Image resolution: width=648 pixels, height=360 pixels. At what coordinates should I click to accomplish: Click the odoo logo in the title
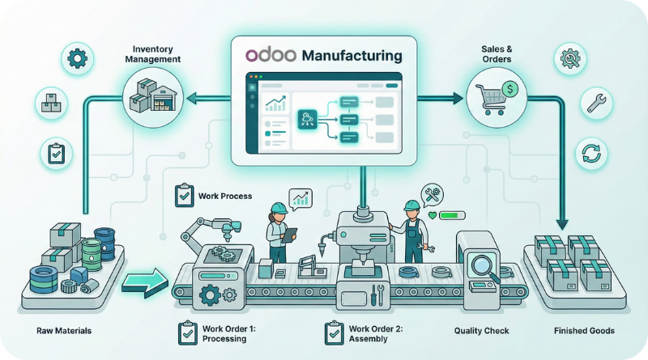[269, 56]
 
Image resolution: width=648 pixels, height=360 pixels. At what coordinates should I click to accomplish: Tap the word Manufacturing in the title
[351, 56]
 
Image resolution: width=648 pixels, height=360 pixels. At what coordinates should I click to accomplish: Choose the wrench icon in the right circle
[593, 102]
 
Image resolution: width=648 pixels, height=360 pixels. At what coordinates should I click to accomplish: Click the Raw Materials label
[63, 331]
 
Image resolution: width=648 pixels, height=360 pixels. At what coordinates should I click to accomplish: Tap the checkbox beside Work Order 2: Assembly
[333, 332]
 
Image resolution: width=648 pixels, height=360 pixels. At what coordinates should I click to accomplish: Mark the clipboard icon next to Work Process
[184, 195]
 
